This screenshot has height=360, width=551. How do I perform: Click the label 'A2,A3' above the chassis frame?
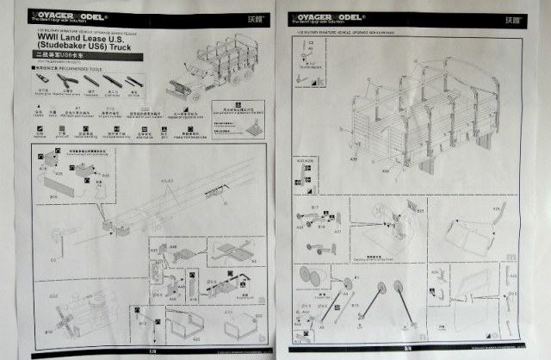click(169, 181)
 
